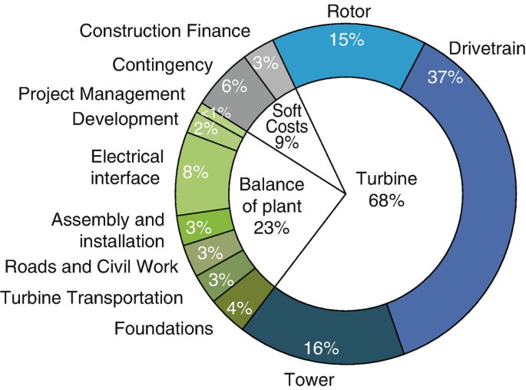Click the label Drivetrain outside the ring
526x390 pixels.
coord(487,49)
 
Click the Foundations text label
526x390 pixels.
coord(164,329)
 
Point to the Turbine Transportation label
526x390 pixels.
coord(91,297)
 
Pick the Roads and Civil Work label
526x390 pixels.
coord(91,266)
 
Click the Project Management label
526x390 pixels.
coord(101,94)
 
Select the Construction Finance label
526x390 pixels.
coord(165,31)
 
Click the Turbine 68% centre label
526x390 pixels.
coord(386,190)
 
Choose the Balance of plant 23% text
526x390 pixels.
coord(271,206)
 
